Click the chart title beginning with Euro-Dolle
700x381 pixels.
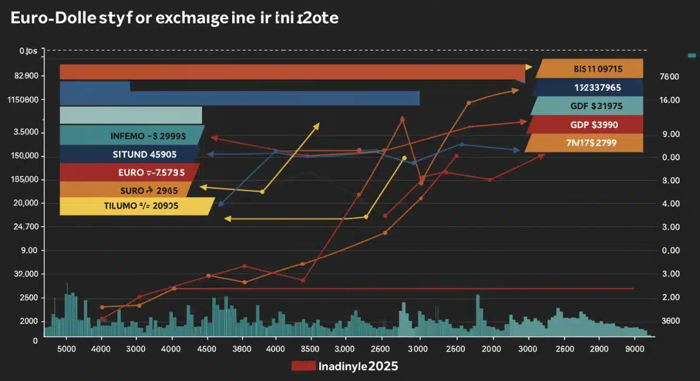pos(174,18)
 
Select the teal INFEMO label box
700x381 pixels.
pos(131,136)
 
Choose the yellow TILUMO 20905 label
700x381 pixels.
pos(135,206)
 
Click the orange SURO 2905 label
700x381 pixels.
pos(125,189)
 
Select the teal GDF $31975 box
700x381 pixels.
pos(587,106)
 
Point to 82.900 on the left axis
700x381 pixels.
pos(25,76)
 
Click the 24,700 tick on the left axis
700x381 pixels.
pos(25,227)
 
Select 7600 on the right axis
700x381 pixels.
pos(669,76)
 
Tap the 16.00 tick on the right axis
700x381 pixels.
pos(669,100)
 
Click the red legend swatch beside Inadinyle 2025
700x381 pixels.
pos(303,366)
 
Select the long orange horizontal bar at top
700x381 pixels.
pos(292,72)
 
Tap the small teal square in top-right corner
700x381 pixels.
pos(692,55)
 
